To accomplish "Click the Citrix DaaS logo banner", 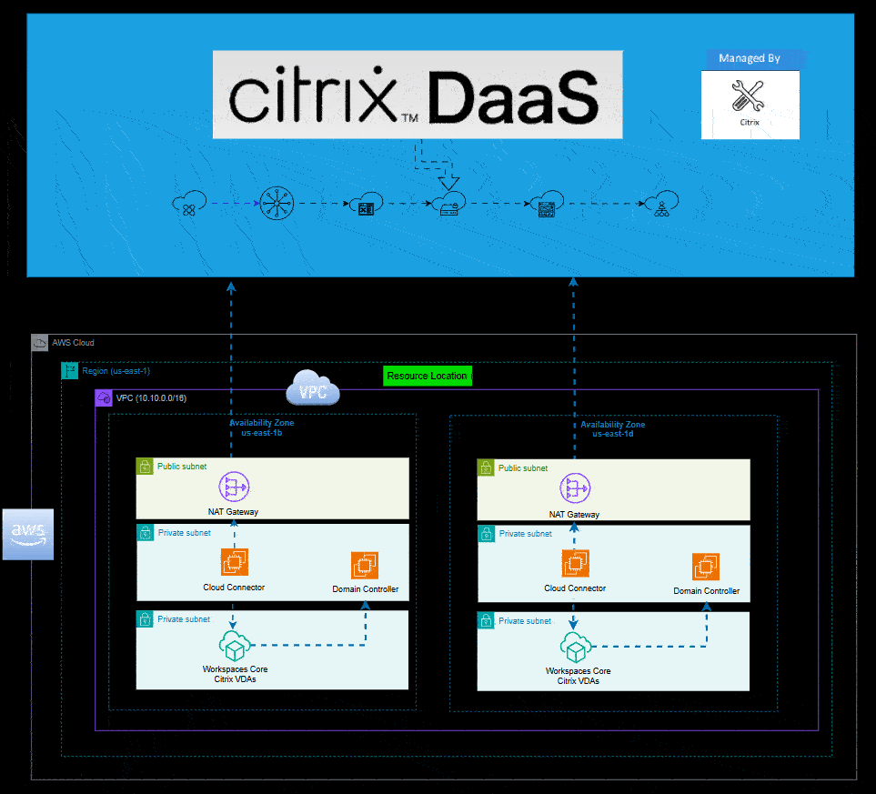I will pos(417,95).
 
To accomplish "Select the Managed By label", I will pos(750,58).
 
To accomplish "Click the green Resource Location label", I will pos(427,376).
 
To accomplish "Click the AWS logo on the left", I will pos(28,534).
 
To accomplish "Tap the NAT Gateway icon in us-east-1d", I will pos(575,489).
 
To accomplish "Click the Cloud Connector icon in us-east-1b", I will pos(234,563).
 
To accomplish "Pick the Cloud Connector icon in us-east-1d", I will pos(575,564).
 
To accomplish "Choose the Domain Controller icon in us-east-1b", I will pos(365,566).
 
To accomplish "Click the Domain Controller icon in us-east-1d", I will pos(706,568).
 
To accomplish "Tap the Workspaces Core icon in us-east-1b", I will pos(234,648).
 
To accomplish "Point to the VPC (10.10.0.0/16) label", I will pos(151,398).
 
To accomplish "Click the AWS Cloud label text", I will pos(73,343).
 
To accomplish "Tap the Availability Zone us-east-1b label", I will pos(261,427).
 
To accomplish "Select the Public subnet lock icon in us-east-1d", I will pos(486,467).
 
